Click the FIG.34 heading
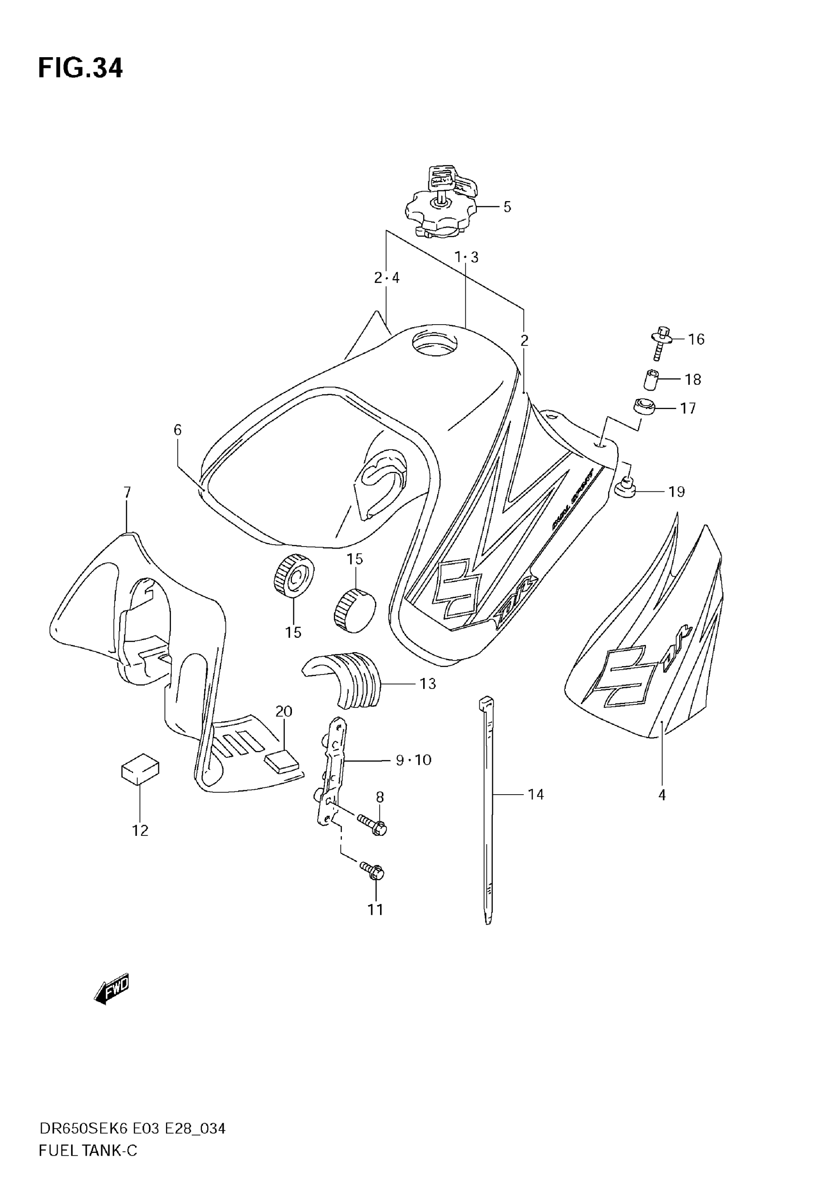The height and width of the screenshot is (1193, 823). (80, 68)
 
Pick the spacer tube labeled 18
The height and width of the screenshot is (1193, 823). (651, 380)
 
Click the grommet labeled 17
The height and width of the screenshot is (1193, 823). (643, 407)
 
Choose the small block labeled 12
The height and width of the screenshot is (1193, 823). (140, 770)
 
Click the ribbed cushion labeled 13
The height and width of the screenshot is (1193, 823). (342, 678)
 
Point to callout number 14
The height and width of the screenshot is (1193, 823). (535, 794)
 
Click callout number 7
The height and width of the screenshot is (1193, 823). (127, 493)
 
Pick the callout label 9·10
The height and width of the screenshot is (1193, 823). (413, 760)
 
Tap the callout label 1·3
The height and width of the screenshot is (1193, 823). (466, 257)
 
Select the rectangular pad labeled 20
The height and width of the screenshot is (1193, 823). (282, 762)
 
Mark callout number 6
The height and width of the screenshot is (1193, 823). (177, 430)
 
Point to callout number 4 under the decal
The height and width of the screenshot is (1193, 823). (662, 795)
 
